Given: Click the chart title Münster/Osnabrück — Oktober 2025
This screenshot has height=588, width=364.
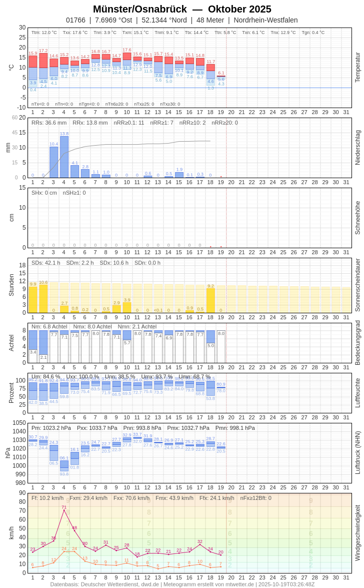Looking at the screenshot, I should coord(182,9).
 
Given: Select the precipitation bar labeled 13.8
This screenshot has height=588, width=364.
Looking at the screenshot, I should coord(64,157).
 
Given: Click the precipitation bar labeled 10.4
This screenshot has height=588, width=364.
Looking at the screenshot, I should coord(53,162).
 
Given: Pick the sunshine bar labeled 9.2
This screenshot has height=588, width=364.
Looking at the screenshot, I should coord(210,300).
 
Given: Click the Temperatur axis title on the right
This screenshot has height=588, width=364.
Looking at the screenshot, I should coord(357,68).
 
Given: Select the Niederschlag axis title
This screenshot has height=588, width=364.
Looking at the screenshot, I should coord(357,148).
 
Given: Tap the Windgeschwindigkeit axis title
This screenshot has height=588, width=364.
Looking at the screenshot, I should coord(357,532).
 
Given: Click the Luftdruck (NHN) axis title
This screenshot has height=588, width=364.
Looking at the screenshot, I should coord(357,453).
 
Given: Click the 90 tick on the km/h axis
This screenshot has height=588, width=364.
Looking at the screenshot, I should coord(22,493).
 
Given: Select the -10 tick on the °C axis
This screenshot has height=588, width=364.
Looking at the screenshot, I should coord(21,107).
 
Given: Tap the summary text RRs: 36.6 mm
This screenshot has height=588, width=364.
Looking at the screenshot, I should coord(49,123).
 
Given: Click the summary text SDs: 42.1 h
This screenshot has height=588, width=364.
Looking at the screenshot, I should coord(46,263).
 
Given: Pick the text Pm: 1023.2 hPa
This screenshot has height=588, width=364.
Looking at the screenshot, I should coord(51,428).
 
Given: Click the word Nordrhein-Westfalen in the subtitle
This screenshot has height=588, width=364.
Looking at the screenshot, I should coord(265,20).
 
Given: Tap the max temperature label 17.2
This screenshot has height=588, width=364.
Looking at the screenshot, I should coord(43,51).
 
